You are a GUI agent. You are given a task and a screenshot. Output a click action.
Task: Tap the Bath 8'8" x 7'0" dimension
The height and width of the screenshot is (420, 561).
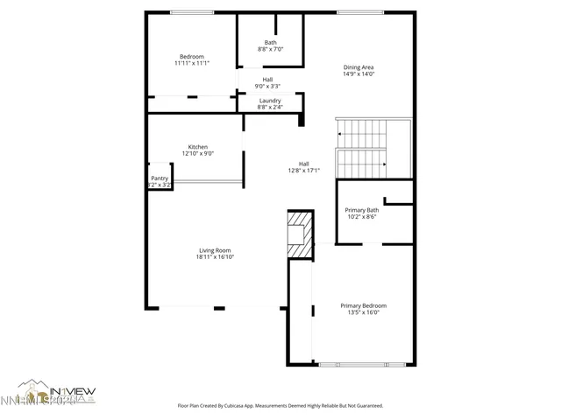pos(270,50)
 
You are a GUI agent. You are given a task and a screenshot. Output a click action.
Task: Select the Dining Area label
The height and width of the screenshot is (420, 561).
pos(359,67)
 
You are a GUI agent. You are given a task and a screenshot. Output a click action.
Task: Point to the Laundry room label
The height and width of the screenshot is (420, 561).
pos(270,101)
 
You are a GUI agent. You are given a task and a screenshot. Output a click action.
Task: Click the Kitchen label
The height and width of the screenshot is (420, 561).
pos(198,147)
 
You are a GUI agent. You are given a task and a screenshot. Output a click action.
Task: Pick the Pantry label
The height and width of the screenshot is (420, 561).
pos(159,178)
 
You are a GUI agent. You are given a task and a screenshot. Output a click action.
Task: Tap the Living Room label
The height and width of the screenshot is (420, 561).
pos(216,250)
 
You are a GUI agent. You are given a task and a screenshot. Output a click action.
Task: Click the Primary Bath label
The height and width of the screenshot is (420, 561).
pos(361,210)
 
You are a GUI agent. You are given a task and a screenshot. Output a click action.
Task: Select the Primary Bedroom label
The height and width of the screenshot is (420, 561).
pos(364,305)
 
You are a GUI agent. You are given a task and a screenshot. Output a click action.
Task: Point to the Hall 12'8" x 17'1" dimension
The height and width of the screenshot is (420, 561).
pos(303,171)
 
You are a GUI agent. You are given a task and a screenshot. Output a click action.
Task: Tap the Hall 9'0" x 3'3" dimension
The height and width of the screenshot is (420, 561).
pos(267,86)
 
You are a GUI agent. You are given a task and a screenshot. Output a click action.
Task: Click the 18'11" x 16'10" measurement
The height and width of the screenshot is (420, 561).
pos(216,257)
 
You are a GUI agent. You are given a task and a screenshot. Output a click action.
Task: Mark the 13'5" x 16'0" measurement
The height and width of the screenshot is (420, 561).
pos(364,312)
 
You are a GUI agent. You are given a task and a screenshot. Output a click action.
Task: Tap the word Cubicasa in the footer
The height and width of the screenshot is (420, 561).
pos(248,406)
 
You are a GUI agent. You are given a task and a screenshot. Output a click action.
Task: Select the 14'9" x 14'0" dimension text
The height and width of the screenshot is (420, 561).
pos(359,74)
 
